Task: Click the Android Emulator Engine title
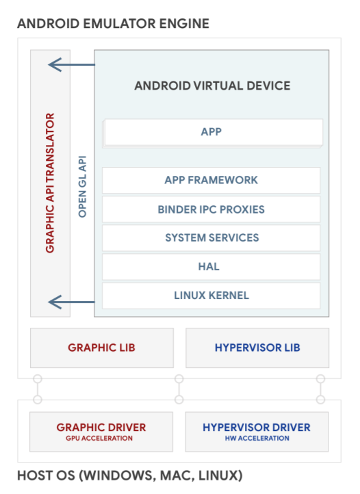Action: coord(113,24)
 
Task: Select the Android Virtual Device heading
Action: coord(212,86)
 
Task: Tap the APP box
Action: coord(212,131)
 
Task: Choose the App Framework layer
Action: coord(211,180)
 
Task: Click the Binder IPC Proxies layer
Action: coord(211,209)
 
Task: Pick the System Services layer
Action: coord(211,237)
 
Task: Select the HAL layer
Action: coord(211,266)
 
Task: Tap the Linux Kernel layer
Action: coord(211,296)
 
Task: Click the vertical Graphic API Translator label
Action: coord(50,183)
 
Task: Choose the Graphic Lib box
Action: coord(101,348)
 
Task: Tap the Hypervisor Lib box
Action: coord(257,348)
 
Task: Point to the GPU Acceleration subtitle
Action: coord(101,439)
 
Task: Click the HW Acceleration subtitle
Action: coord(257,439)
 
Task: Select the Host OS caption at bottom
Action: coord(129,475)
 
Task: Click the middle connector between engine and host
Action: coord(179,389)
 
